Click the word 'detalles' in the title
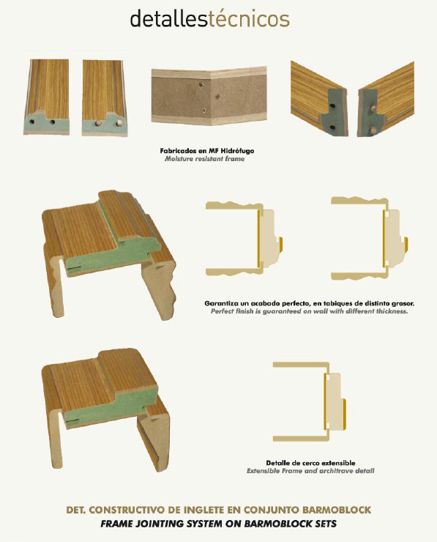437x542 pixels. click(168, 18)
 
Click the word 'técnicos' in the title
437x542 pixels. click(249, 18)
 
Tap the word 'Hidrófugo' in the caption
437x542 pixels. click(237, 151)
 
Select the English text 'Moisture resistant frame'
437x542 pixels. click(204, 159)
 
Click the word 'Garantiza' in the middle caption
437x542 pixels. click(222, 303)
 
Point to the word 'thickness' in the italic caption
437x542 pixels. click(392, 311)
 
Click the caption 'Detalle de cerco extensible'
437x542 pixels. click(310, 463)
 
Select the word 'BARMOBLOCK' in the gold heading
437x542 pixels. click(337, 510)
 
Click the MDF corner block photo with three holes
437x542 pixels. click(209, 97)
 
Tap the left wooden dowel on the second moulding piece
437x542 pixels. click(98, 122)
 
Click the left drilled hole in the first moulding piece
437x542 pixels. click(32, 122)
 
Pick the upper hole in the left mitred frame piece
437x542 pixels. click(332, 105)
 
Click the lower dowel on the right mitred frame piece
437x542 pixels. click(373, 130)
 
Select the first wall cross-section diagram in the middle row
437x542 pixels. click(261, 239)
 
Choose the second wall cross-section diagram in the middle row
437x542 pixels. click(386, 239)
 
